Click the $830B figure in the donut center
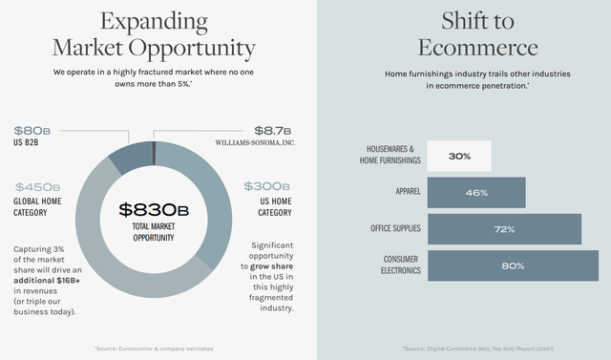153,209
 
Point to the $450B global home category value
38,187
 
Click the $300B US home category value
268,187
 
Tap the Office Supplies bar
504,229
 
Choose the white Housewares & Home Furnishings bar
459,156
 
